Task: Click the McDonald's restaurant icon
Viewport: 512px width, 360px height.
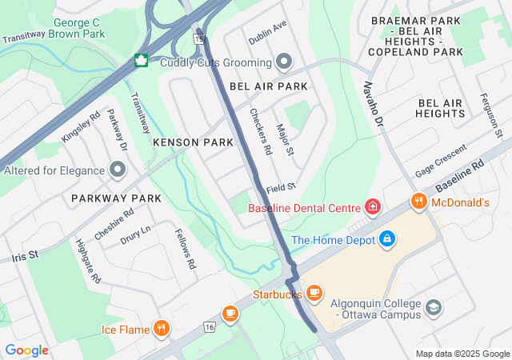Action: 417,202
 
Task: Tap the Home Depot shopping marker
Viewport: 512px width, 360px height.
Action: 386,238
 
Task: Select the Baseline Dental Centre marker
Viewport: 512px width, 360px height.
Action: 372,207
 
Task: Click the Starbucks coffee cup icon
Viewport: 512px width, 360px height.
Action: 314,294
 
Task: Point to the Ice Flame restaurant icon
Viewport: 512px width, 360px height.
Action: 162,328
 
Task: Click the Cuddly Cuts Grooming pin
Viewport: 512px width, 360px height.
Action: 284,62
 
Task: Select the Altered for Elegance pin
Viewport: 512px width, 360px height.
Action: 118,170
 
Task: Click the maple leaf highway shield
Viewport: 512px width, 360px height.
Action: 142,61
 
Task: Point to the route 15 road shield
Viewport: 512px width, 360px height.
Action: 198,38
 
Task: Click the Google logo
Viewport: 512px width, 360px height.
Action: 26,350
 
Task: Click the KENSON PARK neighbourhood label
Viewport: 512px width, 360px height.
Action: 193,142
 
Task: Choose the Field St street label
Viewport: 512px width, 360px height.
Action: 282,186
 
